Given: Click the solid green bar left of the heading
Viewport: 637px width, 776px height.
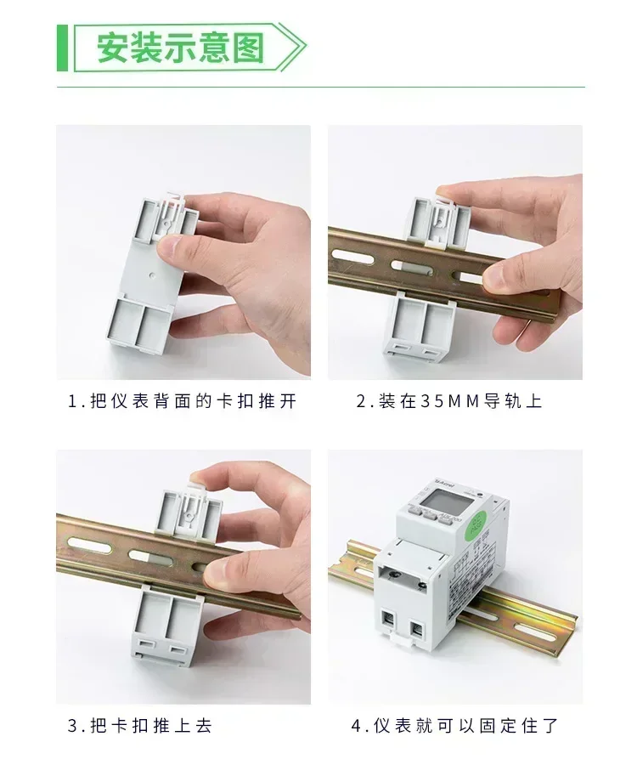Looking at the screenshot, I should pos(61,48).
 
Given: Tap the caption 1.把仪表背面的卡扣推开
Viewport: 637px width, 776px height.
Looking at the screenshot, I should pos(183,401).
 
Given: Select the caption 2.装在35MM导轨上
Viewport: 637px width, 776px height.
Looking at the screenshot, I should pos(448,401).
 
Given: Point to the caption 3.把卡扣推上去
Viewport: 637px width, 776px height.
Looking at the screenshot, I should pos(139,726).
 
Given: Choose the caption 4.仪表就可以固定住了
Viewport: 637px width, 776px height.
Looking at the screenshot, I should pos(455,726).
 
